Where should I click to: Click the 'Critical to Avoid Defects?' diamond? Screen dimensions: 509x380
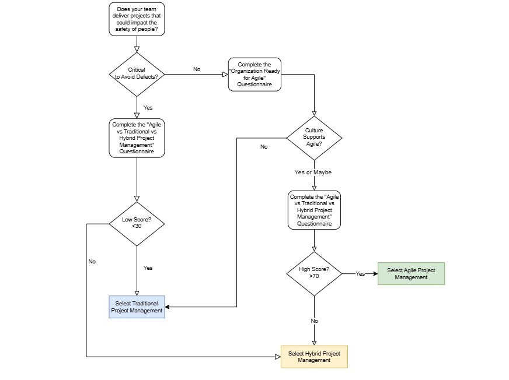click(x=137, y=74)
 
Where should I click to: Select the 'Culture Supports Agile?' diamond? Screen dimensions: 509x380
click(x=314, y=138)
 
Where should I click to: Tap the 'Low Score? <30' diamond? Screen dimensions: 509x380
click(x=137, y=224)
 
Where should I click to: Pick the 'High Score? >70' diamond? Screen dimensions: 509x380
click(x=314, y=274)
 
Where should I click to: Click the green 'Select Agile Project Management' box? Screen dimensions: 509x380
click(x=411, y=274)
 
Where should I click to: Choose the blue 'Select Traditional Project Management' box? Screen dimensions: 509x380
click(x=137, y=307)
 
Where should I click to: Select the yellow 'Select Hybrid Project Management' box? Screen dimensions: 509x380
click(x=314, y=357)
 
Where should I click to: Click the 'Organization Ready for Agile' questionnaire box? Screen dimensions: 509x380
click(x=254, y=74)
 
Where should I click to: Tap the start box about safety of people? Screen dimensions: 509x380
click(x=137, y=19)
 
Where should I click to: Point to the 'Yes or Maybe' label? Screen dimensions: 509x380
click(x=313, y=172)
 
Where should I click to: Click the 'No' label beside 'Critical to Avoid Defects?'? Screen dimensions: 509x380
click(x=197, y=69)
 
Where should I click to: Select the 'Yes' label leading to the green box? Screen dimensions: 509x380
click(x=360, y=274)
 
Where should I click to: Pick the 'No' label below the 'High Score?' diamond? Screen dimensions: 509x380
click(x=314, y=321)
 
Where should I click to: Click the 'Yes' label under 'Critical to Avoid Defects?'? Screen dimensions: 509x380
click(x=148, y=108)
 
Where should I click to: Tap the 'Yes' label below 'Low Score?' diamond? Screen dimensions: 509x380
click(x=148, y=268)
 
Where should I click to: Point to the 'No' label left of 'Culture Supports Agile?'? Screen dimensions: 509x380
click(x=264, y=146)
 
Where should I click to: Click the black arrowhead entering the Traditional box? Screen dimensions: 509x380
click(x=167, y=307)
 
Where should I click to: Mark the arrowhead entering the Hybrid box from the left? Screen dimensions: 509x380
click(x=278, y=357)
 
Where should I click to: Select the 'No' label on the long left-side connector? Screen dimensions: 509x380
click(x=92, y=261)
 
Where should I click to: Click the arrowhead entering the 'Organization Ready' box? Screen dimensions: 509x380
click(x=225, y=74)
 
